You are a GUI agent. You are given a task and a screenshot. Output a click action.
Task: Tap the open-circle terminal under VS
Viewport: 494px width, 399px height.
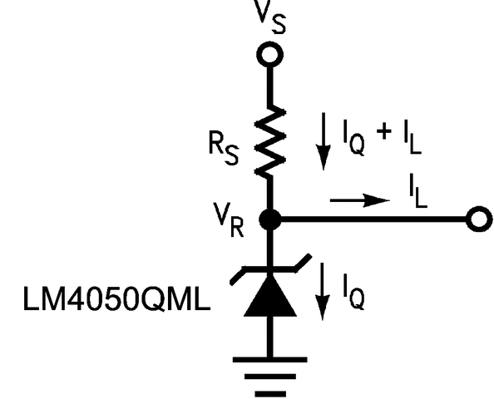(x=269, y=55)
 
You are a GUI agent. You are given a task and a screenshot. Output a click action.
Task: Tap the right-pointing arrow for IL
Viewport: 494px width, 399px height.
(x=360, y=200)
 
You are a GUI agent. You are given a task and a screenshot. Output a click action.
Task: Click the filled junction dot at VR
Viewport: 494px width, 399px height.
(x=269, y=219)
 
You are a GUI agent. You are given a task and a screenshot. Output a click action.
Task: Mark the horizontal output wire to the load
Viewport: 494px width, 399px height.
(x=374, y=219)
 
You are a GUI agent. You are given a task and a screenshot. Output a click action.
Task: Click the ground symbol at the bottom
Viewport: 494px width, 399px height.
(x=269, y=374)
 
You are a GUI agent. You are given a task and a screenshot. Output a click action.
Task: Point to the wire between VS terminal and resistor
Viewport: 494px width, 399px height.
(x=269, y=87)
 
